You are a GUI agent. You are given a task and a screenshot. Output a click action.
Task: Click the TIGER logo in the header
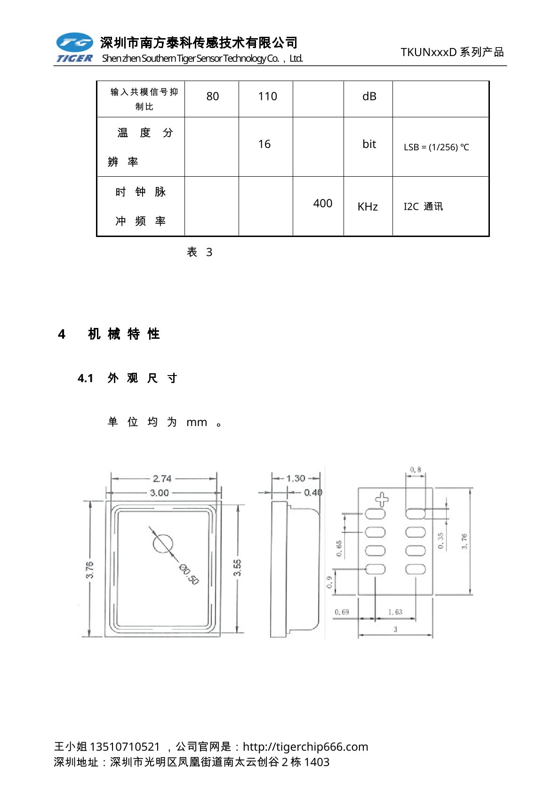74,48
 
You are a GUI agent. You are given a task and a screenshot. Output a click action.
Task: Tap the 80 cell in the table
213,97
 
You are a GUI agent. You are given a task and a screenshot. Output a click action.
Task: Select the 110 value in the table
267,97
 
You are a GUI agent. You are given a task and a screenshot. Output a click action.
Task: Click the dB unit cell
369,97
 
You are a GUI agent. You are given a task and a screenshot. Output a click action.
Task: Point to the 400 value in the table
322,204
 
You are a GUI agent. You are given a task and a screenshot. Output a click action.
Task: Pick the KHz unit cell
368,207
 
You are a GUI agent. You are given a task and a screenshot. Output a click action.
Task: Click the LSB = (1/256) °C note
436,147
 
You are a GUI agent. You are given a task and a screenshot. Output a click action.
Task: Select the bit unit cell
369,144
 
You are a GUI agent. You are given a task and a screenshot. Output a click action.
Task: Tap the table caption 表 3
200,253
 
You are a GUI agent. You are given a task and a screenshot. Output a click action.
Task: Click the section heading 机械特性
124,334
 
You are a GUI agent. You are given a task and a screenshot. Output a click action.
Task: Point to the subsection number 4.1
86,378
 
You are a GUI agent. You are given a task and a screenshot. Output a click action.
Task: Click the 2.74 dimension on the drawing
162,479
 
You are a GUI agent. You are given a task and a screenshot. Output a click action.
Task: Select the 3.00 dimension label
160,493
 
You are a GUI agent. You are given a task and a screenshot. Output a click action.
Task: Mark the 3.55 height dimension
238,568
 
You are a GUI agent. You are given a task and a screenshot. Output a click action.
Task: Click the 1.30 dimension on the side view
296,478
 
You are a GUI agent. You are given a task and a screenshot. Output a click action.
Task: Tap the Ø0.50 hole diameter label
189,574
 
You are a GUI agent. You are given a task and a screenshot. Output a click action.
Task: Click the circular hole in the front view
163,543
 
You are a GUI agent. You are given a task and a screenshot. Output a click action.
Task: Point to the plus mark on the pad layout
382,499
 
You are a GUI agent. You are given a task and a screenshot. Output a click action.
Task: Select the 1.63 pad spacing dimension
395,612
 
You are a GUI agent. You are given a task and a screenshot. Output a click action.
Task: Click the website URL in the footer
305,747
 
